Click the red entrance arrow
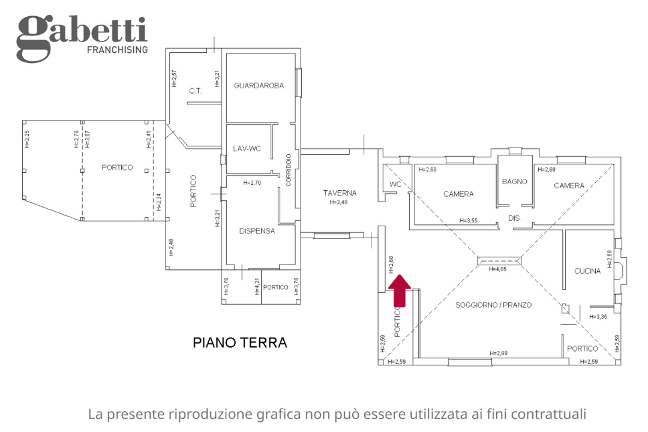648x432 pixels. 400,290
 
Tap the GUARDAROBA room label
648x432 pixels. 259,86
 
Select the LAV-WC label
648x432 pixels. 246,149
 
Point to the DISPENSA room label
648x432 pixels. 257,231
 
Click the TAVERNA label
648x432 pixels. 340,193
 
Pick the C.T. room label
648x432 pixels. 195,91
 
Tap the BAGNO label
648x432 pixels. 514,181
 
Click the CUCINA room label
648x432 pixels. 587,271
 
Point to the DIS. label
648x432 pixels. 515,218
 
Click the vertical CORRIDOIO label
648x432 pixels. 289,170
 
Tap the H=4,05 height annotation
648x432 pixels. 499,269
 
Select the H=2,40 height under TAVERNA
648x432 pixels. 339,203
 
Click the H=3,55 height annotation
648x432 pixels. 469,221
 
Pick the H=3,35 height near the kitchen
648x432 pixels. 598,317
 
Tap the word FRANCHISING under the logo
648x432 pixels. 117,50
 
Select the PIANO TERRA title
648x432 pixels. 239,343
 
